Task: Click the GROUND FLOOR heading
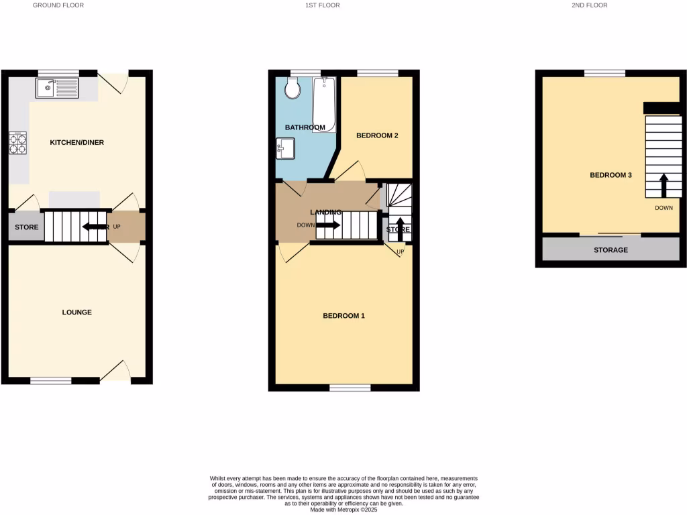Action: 58,5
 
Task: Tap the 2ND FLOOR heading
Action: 590,5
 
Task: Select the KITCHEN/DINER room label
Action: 77,142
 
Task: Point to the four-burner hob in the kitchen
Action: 17,142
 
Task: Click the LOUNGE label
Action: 76,312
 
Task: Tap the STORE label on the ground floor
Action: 27,227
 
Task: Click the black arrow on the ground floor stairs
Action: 95,227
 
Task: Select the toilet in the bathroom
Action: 293,88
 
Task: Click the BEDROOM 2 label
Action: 377,135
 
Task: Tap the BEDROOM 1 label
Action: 343,316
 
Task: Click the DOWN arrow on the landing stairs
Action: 327,225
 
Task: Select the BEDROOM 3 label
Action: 611,175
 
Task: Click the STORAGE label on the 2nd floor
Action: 611,250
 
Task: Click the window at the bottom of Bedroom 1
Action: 350,388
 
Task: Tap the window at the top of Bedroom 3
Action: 604,73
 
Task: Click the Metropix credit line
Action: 344,510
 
